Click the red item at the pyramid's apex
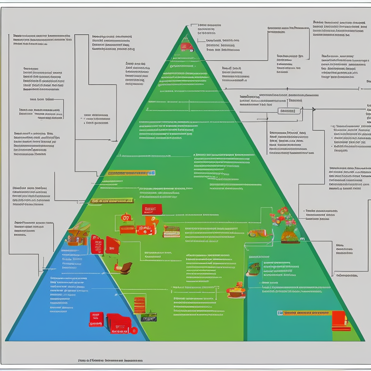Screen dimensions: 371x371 tap(185, 46)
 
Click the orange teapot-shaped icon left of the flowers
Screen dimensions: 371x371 tap(256, 233)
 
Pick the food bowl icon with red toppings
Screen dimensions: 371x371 tap(236, 291)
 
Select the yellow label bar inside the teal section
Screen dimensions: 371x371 tap(304, 313)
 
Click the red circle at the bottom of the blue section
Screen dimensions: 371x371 tap(134, 330)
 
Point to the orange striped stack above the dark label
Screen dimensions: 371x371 tap(140, 305)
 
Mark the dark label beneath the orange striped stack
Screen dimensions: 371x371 tap(149, 318)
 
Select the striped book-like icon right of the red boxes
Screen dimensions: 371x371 tap(171, 231)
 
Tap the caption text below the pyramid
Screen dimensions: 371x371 tap(113, 360)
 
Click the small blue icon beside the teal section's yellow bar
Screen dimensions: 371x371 tap(280, 313)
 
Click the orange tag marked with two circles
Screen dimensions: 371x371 tap(126, 218)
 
